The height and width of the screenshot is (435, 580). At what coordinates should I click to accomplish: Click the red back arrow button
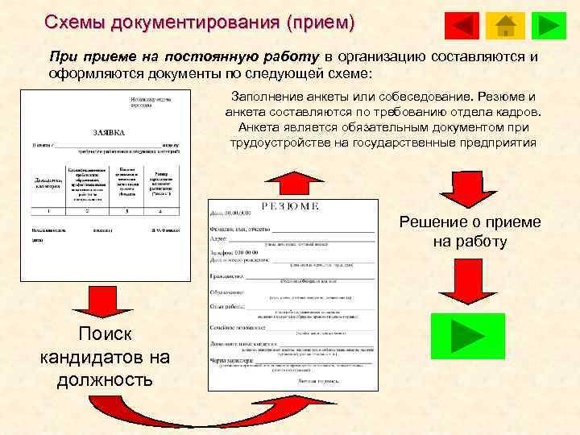click(462, 26)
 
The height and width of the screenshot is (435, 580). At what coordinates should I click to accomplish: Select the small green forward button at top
click(551, 26)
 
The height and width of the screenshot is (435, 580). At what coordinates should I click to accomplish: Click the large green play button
click(467, 335)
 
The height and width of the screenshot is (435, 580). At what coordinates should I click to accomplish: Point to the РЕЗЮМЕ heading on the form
click(291, 207)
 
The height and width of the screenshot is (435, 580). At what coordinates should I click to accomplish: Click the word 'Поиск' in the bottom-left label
click(101, 334)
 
